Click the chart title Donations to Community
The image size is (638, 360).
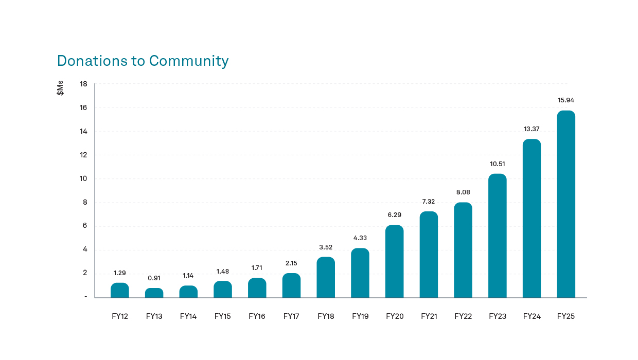click(x=143, y=61)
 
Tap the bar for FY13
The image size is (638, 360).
click(x=154, y=293)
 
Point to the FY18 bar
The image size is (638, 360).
click(x=326, y=277)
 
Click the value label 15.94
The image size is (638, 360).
click(x=566, y=100)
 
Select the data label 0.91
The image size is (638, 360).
click(x=154, y=278)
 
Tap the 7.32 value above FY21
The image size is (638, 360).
click(x=429, y=201)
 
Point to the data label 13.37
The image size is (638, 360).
click(x=531, y=129)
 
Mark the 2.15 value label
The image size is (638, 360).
click(x=291, y=263)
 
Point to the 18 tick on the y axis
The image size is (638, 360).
click(x=83, y=84)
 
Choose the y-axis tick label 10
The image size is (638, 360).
click(x=83, y=178)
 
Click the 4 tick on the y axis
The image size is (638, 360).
click(x=85, y=249)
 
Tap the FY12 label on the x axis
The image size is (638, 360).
click(x=120, y=316)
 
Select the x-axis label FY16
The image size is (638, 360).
click(x=257, y=316)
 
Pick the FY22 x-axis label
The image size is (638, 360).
click(x=463, y=316)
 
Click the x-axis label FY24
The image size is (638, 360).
click(x=531, y=316)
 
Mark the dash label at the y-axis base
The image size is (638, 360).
click(x=85, y=297)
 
